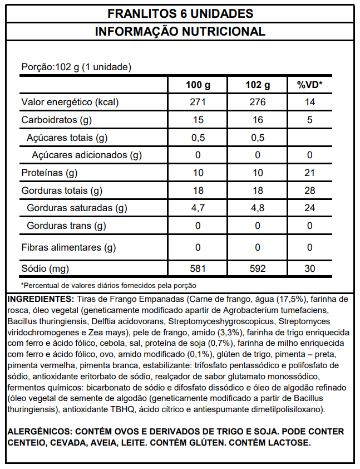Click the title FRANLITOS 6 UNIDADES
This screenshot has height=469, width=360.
pos(180,13)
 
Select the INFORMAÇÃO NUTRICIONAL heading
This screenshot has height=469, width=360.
pos(180,31)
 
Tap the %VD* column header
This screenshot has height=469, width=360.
pos(309,85)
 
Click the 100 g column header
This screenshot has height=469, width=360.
pos(198,85)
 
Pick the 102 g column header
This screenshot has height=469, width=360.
pos(257,85)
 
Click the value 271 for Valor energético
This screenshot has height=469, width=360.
pos(198,102)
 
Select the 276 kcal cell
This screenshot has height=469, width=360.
pos(257,102)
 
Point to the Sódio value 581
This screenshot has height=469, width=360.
pos(198,269)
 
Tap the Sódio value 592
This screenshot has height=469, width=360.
pos(257,269)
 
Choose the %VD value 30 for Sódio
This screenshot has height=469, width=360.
pos(309,269)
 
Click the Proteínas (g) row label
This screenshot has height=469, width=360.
pos(49,173)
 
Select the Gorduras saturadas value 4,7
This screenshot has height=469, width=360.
pos(198,208)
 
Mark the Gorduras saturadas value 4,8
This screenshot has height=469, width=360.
pos(257,208)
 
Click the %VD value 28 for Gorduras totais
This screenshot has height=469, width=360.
pos(309,191)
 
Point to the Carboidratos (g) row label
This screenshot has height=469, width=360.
pos(56,120)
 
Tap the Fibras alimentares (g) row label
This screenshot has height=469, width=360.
pos(68,247)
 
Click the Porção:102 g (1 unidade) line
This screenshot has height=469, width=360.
pos(76,67)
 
